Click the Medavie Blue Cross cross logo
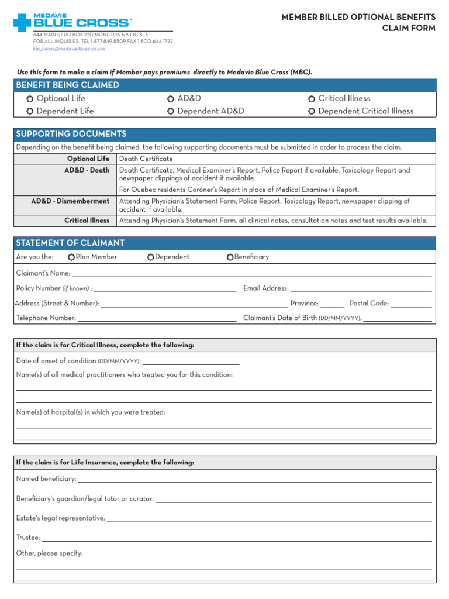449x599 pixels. coord(22,23)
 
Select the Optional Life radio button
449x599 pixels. coord(30,99)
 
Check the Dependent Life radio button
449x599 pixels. coord(30,111)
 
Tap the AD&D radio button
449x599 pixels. coord(170,99)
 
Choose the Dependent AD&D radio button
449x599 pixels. coord(170,111)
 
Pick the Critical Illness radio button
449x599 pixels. coord(312,99)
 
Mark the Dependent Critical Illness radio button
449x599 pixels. coord(312,111)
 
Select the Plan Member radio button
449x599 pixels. coord(71,257)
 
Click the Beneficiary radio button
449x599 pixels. coord(230,257)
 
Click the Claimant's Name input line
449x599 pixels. coord(251,273)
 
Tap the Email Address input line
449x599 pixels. coord(361,288)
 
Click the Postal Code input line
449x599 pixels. coord(411,304)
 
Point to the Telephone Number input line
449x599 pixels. coord(157,318)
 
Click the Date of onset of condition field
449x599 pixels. coord(191,361)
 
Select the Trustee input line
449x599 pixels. coord(237,538)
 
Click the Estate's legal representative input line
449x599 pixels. coord(269,518)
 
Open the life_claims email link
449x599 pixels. coord(69,49)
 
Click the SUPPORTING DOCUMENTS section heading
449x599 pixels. coord(71,135)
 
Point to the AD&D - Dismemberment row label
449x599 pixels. coord(70,201)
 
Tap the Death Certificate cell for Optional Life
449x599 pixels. coord(146,159)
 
